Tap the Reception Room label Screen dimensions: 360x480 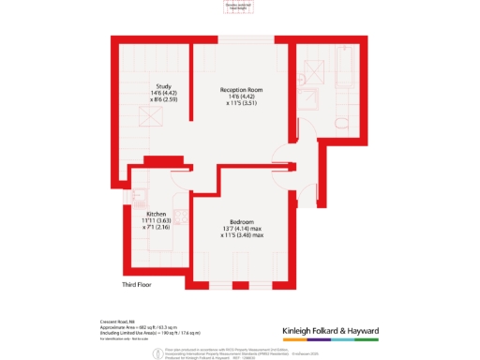(x=234, y=90)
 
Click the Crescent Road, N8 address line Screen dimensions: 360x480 (x=116, y=322)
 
